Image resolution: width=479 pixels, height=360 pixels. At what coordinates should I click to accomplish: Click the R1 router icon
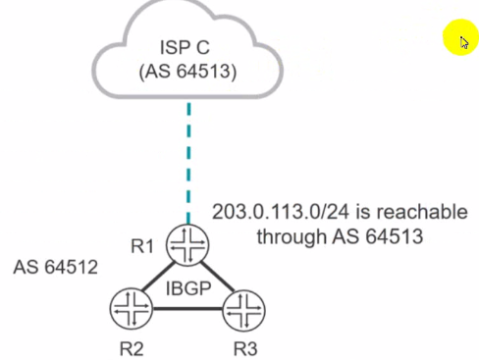coord(187,244)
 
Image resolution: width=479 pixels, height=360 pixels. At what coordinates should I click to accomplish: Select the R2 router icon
coord(132,308)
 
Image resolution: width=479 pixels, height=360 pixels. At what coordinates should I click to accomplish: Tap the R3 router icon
coord(244,310)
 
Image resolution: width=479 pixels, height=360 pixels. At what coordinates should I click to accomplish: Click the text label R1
coord(142,246)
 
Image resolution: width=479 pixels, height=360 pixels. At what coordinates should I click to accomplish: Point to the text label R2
coord(132,348)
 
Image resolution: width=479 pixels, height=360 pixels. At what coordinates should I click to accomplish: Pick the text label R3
coord(245,348)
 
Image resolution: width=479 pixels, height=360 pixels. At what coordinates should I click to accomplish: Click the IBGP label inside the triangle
coord(188,288)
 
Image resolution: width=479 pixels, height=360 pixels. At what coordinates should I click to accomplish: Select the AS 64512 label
coord(56,267)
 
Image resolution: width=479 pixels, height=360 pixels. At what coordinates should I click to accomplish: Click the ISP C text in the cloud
coord(185,47)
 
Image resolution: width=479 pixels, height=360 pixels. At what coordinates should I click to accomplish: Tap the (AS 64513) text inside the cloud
coord(187,71)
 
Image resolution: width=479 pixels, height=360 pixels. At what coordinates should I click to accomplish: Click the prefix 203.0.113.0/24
coord(281,212)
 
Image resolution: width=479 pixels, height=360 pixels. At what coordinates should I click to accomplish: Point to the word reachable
coord(422,212)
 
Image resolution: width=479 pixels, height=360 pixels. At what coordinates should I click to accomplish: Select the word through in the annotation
coord(292,236)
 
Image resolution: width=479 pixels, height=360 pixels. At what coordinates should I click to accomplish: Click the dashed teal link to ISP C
coord(188,163)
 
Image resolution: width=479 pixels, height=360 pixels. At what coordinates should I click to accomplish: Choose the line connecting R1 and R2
coord(159,277)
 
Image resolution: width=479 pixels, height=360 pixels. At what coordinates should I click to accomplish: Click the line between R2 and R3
coord(187,308)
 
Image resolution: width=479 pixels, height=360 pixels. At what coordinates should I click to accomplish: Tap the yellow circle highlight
coord(460,37)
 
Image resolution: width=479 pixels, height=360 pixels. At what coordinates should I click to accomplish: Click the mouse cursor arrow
coord(464,42)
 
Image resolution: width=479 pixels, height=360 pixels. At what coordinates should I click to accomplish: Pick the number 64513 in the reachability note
coord(394,236)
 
